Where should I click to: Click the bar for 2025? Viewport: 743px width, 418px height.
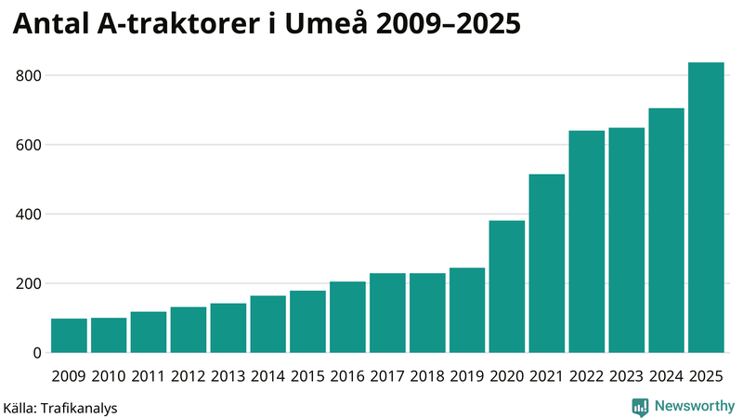(x=706, y=208)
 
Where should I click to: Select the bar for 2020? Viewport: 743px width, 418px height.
(x=507, y=287)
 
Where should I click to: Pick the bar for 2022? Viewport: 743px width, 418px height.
(x=587, y=242)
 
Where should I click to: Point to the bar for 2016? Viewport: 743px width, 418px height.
(x=347, y=318)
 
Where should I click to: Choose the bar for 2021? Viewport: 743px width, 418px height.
(x=547, y=264)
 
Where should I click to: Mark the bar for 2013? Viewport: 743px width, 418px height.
(x=228, y=328)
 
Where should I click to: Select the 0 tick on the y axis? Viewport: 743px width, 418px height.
(x=37, y=353)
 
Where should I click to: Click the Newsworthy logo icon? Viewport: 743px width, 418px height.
(x=640, y=406)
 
